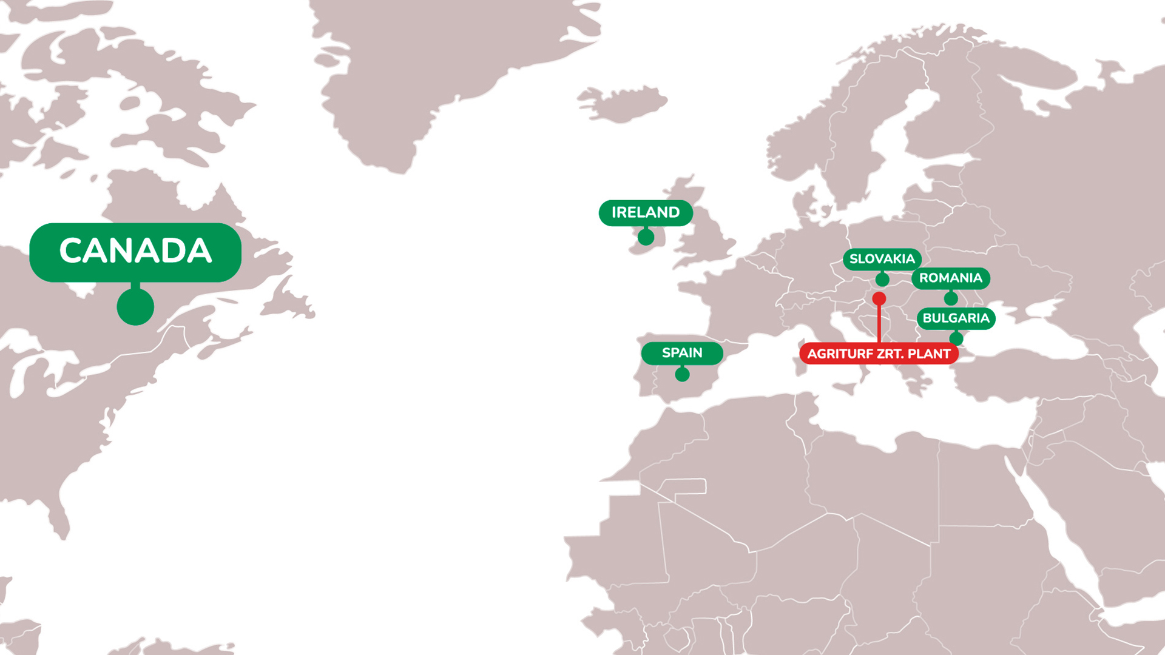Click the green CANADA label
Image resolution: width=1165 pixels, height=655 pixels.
pos(135,251)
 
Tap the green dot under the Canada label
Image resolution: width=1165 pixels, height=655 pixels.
pos(135,306)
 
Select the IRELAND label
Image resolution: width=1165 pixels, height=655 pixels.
pos(646,213)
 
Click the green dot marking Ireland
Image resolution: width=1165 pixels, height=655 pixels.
pos(646,237)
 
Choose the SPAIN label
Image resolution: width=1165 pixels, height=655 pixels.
pos(682,353)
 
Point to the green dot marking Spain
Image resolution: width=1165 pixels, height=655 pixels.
pos(682,374)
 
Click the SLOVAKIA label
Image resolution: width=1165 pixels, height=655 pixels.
pos(882,260)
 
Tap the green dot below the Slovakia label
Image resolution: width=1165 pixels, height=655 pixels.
pos(882,280)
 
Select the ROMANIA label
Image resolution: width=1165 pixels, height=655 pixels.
pos(950,278)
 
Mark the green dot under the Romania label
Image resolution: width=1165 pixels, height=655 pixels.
pos(951,298)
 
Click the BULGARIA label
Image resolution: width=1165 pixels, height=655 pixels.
pos(956,318)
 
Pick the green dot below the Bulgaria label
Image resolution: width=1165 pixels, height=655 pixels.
pos(956,338)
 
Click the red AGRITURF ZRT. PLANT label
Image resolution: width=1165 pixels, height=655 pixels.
pos(879,354)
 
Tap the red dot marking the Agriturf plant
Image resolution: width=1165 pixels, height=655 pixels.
pos(879,298)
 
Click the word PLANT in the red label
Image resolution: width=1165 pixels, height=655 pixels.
pos(929,354)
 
